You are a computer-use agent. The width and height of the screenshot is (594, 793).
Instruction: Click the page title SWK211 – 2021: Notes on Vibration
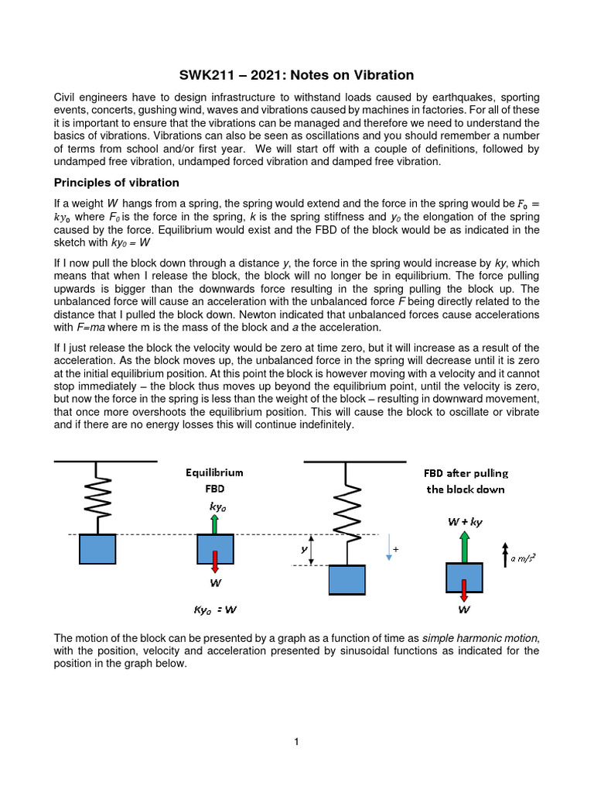point(297,75)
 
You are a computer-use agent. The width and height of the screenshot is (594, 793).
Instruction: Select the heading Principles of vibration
point(116,183)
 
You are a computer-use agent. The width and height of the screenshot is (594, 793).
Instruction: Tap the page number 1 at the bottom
point(296,742)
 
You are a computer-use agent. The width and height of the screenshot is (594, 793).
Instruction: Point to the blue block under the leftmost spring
point(97,549)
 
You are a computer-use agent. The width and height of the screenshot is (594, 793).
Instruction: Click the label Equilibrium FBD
point(214,480)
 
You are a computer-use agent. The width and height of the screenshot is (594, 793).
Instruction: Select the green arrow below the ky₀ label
point(215,524)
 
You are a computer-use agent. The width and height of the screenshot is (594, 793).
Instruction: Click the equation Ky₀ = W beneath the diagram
point(214,609)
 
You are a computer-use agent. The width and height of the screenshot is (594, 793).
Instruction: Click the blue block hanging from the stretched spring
point(347,580)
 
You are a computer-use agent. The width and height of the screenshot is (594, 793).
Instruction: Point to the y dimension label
point(305,549)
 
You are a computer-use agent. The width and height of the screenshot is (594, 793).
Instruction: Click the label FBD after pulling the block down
point(466,481)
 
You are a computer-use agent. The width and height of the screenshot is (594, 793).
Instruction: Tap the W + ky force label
point(465,522)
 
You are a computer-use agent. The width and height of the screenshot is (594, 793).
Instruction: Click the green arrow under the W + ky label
point(465,545)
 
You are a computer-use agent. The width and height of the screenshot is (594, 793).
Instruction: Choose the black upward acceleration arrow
point(504,556)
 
